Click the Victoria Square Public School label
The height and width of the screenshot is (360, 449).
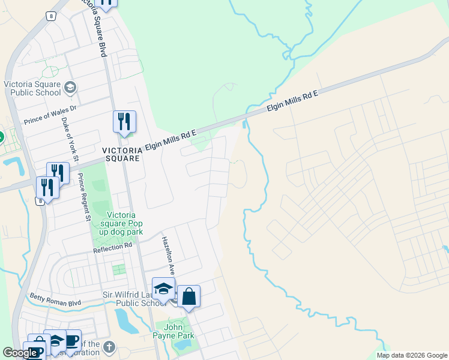(x=32, y=88)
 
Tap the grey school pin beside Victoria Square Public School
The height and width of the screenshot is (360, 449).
(x=70, y=88)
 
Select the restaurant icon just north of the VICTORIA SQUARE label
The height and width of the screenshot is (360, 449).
(x=124, y=122)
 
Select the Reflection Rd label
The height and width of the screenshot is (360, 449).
(x=112, y=246)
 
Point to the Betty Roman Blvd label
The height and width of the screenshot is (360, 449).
(x=55, y=299)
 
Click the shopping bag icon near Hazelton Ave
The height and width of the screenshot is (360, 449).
(x=188, y=296)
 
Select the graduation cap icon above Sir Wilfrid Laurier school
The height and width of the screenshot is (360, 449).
(x=163, y=289)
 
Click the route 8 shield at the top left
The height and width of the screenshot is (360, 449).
(x=52, y=17)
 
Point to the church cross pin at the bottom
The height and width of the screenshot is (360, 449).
(x=108, y=347)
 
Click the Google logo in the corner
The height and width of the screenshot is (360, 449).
(x=20, y=353)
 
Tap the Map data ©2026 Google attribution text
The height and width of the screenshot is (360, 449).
(x=411, y=355)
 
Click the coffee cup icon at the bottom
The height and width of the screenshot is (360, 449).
(x=71, y=340)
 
